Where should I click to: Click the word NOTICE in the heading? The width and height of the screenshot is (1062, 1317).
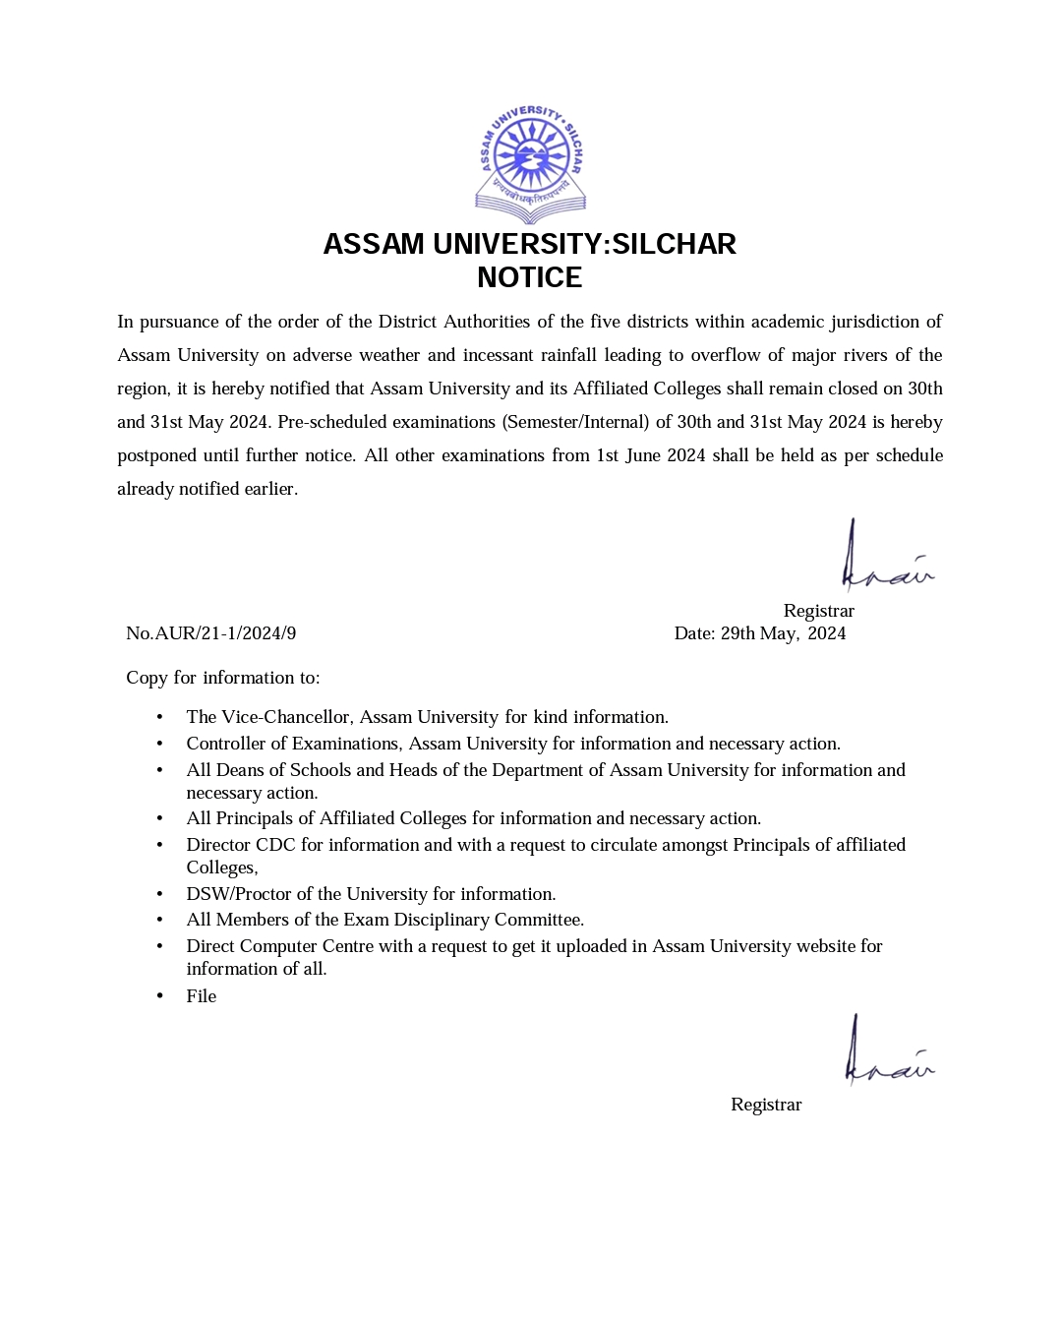coord(530,277)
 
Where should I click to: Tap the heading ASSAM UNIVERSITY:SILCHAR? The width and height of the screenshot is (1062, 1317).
coord(530,244)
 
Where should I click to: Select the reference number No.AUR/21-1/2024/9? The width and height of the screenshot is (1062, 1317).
coord(211,633)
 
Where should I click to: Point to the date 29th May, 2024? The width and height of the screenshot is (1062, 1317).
coord(783,633)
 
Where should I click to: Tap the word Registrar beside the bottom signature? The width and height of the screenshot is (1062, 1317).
coord(766,1105)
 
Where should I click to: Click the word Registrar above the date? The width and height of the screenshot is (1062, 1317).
coord(819,611)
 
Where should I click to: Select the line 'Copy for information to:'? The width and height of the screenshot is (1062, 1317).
coord(223,678)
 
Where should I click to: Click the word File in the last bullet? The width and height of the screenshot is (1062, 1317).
coord(202,996)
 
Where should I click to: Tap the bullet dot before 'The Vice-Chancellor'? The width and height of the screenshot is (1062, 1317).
coord(159,718)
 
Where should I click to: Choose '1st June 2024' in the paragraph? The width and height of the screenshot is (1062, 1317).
coord(650,455)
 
